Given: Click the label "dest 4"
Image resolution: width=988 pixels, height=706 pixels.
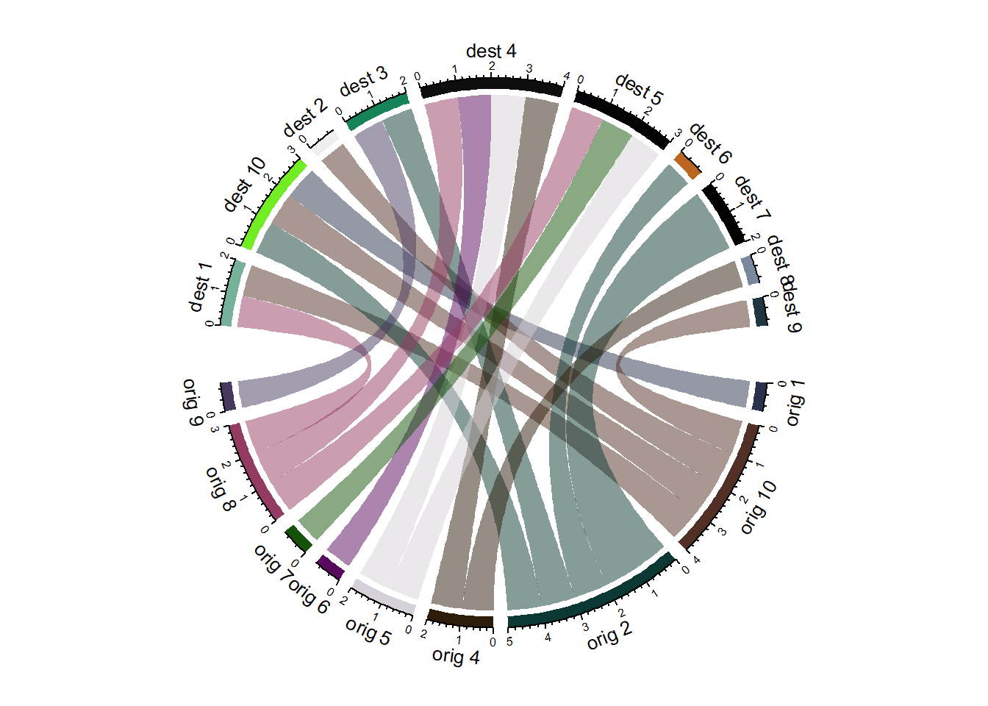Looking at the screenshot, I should point(491,51).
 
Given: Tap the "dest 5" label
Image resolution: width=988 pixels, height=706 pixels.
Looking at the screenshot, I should point(639,88).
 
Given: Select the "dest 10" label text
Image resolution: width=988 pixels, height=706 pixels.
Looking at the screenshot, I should point(244,184).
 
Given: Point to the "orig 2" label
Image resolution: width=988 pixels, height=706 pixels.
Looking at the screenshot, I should point(609,636).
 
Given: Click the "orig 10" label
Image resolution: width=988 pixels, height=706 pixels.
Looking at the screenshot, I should point(758,507).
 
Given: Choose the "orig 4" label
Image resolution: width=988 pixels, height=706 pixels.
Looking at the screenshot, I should point(456,656).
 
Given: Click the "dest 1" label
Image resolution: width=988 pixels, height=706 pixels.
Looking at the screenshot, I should point(200,287).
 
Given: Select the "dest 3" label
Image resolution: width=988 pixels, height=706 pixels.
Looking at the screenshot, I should point(363,81).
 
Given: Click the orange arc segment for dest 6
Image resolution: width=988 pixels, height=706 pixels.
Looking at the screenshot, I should point(687,165).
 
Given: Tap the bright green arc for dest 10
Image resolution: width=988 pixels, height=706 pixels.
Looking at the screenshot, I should point(272,204).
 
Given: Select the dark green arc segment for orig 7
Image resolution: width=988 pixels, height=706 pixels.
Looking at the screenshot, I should point(298,538).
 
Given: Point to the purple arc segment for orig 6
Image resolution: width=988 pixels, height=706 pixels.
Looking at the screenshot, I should point(330,567).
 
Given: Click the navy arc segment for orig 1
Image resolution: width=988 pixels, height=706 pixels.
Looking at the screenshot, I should point(759,396).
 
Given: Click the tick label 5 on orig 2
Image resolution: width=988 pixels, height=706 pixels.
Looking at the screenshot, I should point(509,641).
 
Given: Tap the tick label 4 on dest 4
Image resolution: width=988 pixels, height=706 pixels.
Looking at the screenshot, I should point(566,76).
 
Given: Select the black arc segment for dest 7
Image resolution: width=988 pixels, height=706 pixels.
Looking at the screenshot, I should point(724,213).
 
